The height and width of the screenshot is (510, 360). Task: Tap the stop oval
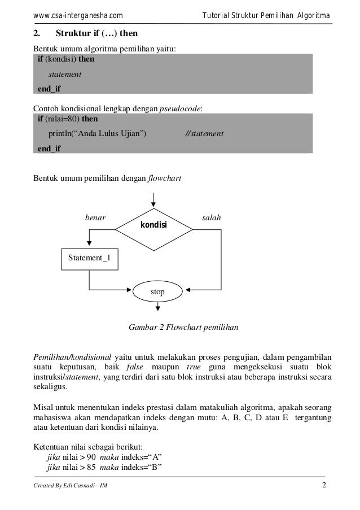[157, 291]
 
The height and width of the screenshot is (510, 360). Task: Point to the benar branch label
[95, 217]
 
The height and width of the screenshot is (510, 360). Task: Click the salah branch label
[212, 217]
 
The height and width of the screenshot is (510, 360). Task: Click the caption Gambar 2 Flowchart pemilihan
[184, 327]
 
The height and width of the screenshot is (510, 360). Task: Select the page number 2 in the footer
[324, 486]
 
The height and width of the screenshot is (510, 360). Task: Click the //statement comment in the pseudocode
[204, 134]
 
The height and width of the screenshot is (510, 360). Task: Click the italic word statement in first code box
[65, 74]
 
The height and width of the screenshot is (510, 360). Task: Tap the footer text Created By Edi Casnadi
[71, 487]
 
